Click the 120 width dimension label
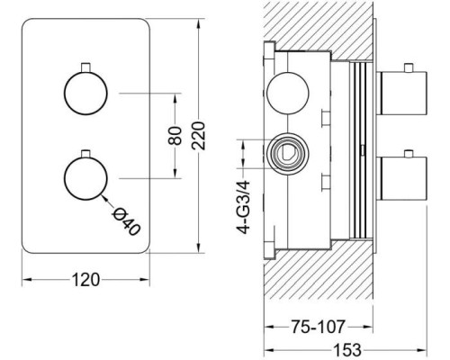click(x=85, y=280)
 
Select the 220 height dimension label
click(x=199, y=136)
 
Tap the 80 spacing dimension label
click(x=175, y=136)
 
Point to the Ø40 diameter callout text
click(x=126, y=222)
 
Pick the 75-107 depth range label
click(x=318, y=327)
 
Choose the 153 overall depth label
click(x=347, y=350)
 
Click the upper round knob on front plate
click(x=85, y=93)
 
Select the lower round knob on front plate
click(x=85, y=178)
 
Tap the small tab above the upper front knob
click(x=86, y=67)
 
